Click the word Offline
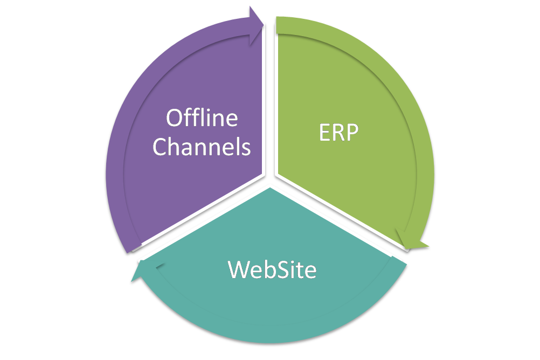point(202,118)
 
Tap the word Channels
point(202,146)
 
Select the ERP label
point(338,133)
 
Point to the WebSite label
point(272,269)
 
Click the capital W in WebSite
point(239,269)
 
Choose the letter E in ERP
point(323,133)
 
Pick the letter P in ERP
point(352,133)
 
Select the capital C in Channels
point(160,147)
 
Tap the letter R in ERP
point(337,133)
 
